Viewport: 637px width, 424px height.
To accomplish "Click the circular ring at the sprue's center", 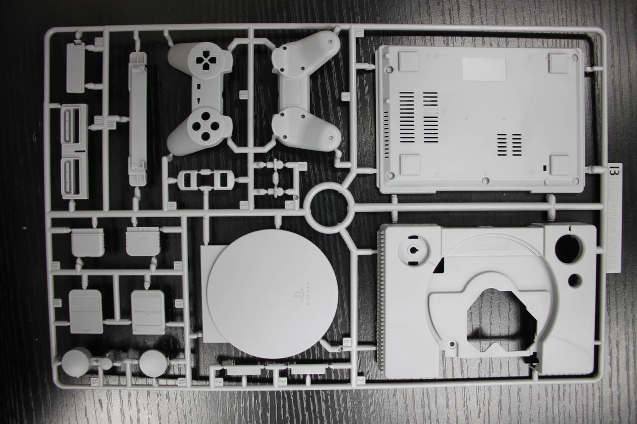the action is click(328, 208).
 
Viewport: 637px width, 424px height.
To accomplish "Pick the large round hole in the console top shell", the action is click(569, 249).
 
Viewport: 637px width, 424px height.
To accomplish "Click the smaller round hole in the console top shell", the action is click(574, 281).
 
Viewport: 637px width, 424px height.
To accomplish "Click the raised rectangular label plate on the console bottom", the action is click(484, 69).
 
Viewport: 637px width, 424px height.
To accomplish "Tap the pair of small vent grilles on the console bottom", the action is click(509, 144).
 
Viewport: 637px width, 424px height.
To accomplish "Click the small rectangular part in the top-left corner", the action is click(75, 68).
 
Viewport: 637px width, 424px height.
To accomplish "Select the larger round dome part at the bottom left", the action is click(77, 361).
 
